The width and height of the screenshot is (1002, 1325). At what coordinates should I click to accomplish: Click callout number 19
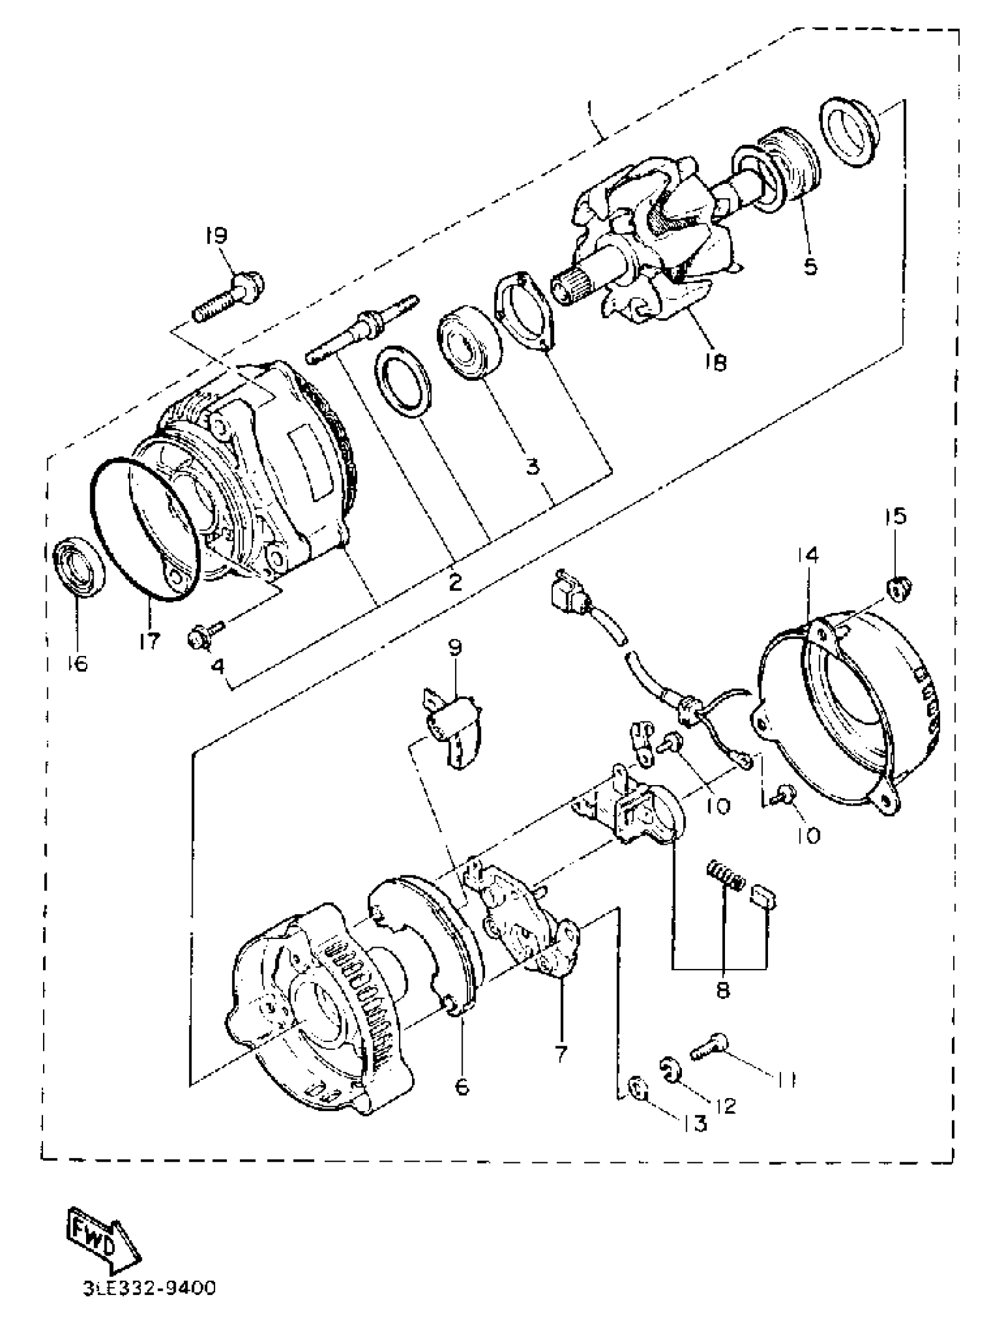216,235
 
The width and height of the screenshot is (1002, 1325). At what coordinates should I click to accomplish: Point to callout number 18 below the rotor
715,362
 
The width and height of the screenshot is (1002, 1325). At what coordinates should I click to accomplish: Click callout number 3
532,466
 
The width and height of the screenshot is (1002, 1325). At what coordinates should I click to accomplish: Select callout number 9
456,648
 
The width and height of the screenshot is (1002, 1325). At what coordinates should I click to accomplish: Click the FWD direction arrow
102,1244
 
